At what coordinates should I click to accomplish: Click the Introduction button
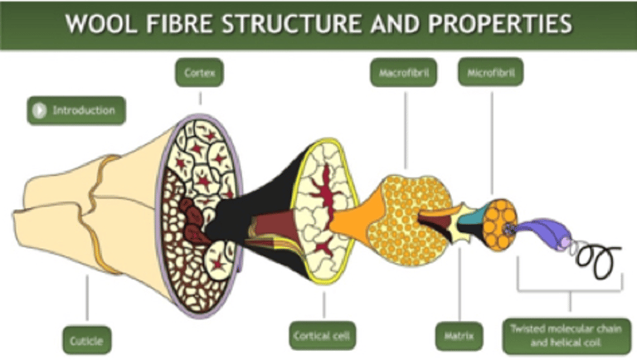tap(76, 110)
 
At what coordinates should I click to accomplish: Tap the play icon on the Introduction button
tap(38, 110)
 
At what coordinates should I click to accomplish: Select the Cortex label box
tap(200, 74)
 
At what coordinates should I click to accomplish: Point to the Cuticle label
tap(86, 338)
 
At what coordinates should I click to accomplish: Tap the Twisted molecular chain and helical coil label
tap(568, 333)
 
